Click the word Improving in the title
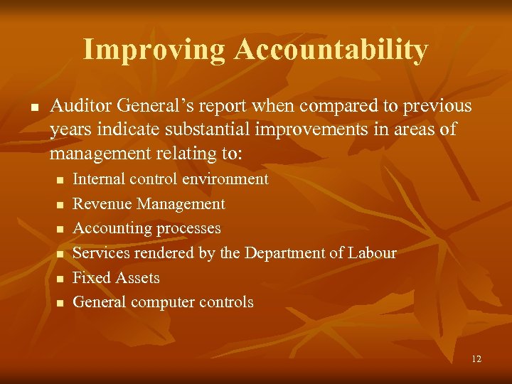(x=154, y=50)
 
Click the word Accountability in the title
(x=331, y=50)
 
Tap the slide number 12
(x=476, y=358)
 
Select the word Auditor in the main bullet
(x=78, y=106)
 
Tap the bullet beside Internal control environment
(x=60, y=180)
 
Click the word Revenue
(x=102, y=204)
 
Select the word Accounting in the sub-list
(x=108, y=228)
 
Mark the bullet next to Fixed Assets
(x=60, y=278)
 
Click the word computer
(x=162, y=302)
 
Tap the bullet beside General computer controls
(x=60, y=302)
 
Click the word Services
(x=100, y=252)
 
